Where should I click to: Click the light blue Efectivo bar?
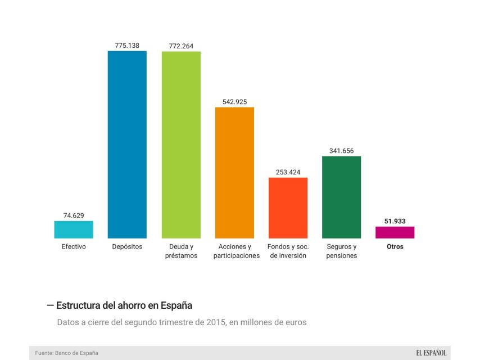[74, 229]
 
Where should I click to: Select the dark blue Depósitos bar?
[127, 145]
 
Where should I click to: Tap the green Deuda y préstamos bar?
[181, 145]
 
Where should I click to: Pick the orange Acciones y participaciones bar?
[234, 173]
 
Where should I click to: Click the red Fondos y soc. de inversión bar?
[288, 208]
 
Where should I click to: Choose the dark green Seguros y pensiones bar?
[341, 197]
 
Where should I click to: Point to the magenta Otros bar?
[395, 232]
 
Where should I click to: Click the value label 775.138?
[127, 46]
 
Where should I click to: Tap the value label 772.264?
[181, 46]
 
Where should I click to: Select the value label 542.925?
[234, 102]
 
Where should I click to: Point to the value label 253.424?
[288, 172]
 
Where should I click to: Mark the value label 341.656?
[341, 151]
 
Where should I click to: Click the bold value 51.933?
[395, 222]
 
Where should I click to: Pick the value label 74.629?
[74, 215]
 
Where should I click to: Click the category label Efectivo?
[74, 246]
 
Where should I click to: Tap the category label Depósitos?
[127, 246]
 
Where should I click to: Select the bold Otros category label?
[395, 246]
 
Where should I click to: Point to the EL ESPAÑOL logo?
[431, 353]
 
